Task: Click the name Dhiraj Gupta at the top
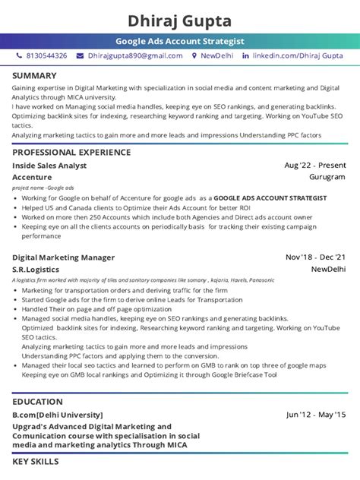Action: pos(180,20)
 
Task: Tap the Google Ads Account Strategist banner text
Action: pos(180,41)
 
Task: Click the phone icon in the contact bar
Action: pos(20,56)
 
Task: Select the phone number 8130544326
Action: pos(47,56)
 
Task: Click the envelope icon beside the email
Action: pos(80,56)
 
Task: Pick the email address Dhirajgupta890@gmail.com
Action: pos(135,56)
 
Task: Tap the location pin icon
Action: pos(194,56)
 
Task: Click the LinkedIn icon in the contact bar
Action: pos(245,56)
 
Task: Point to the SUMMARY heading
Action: pos(34,76)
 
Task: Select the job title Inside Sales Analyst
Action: pos(50,165)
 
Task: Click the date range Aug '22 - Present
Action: pos(315,165)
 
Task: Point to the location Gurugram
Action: pos(327,176)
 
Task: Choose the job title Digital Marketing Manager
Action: pos(64,257)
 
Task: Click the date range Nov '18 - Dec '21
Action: pos(315,257)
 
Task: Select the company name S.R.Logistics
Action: pos(36,269)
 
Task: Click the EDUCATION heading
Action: pos(38,402)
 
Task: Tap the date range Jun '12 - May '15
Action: pos(316,415)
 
